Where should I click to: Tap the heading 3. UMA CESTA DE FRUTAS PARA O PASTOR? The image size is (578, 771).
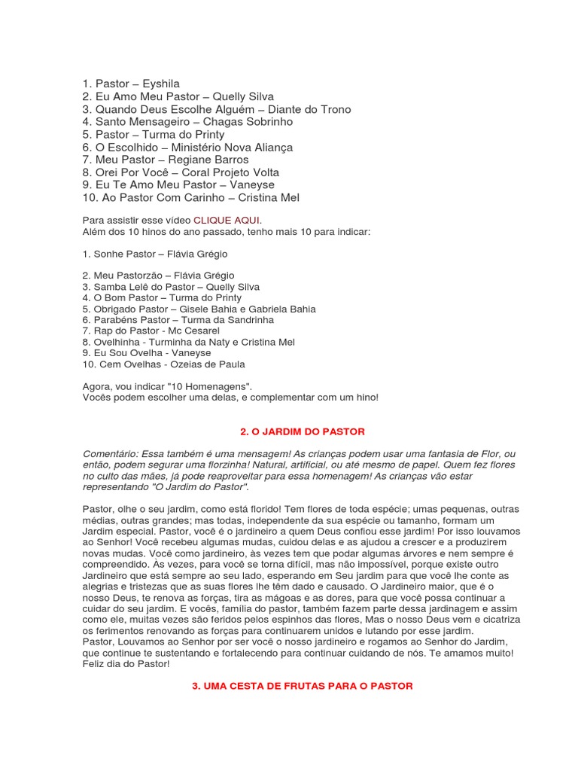click(x=303, y=686)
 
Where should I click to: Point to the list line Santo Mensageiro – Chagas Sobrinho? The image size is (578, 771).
click(x=187, y=122)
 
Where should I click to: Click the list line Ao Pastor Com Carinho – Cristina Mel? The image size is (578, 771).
click(x=190, y=198)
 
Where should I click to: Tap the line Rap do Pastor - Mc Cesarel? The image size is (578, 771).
click(x=151, y=331)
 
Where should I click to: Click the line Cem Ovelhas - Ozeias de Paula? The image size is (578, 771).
click(x=163, y=364)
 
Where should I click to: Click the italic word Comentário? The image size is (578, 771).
click(x=110, y=453)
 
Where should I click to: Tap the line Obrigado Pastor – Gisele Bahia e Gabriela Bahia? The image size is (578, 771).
click(x=199, y=309)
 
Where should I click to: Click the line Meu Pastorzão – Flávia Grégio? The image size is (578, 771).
click(x=158, y=276)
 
